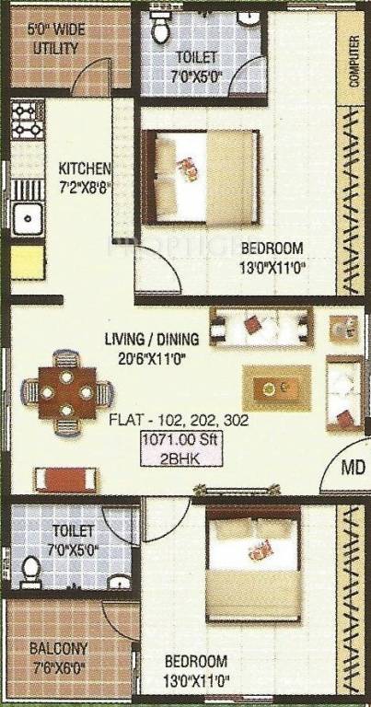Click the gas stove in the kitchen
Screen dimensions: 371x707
(28, 120)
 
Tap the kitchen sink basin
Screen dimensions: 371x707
(28, 219)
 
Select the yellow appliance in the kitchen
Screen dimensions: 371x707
(28, 263)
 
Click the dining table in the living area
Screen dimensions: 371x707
(66, 393)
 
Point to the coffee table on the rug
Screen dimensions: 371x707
(276, 388)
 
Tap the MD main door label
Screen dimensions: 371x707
(353, 469)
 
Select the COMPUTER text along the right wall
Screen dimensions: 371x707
(354, 61)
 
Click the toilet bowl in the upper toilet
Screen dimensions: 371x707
(159, 26)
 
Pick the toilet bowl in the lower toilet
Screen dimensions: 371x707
(31, 572)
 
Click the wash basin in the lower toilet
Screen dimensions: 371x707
(119, 582)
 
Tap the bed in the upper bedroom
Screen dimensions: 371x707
(201, 177)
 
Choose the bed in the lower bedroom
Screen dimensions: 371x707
(253, 563)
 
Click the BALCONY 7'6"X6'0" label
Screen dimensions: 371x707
(58, 657)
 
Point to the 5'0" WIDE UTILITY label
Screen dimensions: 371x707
(56, 40)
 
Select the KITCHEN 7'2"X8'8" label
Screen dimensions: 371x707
(85, 177)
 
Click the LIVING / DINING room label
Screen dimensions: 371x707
(152, 339)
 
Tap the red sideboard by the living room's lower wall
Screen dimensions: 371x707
(65, 480)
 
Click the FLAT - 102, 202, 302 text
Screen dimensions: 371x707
(179, 420)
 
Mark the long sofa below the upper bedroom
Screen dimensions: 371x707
(261, 327)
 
